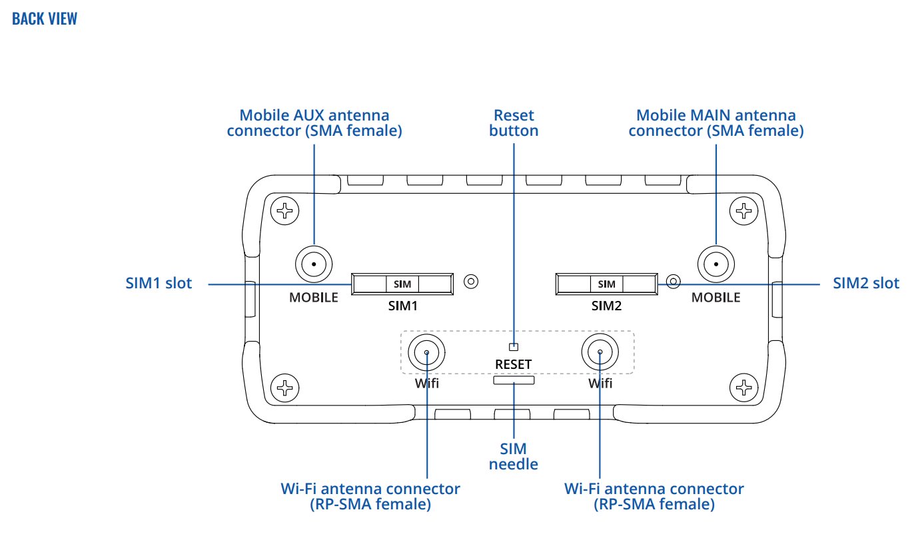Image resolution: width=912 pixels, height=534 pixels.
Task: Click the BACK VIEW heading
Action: click(x=45, y=19)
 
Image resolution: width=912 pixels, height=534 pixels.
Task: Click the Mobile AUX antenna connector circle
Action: click(x=314, y=266)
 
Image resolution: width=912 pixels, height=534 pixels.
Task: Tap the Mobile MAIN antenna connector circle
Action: click(x=716, y=266)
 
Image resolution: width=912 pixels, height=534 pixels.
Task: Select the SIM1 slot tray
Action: click(x=402, y=284)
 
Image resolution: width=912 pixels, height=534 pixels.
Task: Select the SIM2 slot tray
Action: click(x=606, y=284)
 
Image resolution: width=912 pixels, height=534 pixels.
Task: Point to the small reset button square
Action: click(x=513, y=347)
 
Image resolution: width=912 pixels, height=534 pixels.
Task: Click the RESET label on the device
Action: click(x=514, y=364)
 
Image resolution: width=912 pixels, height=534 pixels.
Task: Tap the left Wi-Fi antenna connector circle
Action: click(x=426, y=354)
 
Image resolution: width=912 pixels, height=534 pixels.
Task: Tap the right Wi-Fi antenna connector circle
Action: click(x=600, y=354)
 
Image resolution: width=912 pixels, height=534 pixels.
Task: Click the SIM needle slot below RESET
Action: click(x=514, y=381)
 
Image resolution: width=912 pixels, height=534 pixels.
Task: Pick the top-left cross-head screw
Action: click(x=285, y=212)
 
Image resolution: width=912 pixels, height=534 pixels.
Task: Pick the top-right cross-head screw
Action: click(x=743, y=212)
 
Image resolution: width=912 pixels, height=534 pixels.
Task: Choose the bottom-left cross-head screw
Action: click(x=285, y=386)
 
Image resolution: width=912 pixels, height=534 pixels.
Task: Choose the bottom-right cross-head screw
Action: click(x=743, y=386)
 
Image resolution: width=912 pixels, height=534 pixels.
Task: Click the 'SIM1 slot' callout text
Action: click(x=159, y=284)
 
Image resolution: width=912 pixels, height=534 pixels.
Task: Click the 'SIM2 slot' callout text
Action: click(x=866, y=284)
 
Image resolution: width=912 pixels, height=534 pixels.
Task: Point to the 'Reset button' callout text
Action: click(x=514, y=123)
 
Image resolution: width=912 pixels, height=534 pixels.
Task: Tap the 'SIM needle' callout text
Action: click(x=514, y=456)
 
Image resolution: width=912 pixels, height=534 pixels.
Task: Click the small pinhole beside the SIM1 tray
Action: click(x=471, y=282)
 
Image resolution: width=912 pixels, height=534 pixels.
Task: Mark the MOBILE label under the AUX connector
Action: click(x=314, y=298)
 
